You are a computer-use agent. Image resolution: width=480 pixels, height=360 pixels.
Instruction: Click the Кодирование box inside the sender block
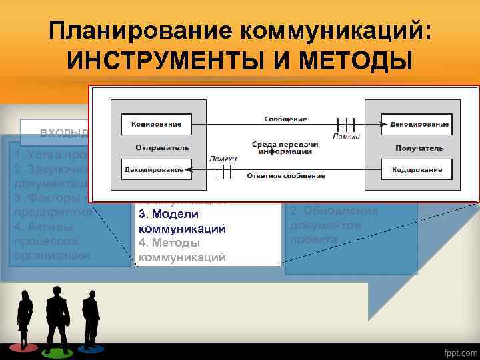pyautogui.click(x=155, y=123)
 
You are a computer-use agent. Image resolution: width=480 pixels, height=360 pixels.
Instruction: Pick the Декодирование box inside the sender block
pyautogui.click(x=154, y=170)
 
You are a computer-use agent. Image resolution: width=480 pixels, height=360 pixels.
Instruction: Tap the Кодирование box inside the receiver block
pyautogui.click(x=417, y=170)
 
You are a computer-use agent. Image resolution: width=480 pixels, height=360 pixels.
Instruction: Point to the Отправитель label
pyautogui.click(x=162, y=147)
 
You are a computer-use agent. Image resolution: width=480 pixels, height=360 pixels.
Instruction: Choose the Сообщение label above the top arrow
pyautogui.click(x=285, y=119)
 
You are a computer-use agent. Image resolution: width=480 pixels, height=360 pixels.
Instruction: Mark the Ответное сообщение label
pyautogui.click(x=286, y=176)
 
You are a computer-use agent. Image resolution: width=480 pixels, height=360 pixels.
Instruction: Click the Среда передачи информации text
pyautogui.click(x=285, y=147)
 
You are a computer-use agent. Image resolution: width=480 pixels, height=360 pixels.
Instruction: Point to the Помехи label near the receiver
pyautogui.click(x=348, y=137)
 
